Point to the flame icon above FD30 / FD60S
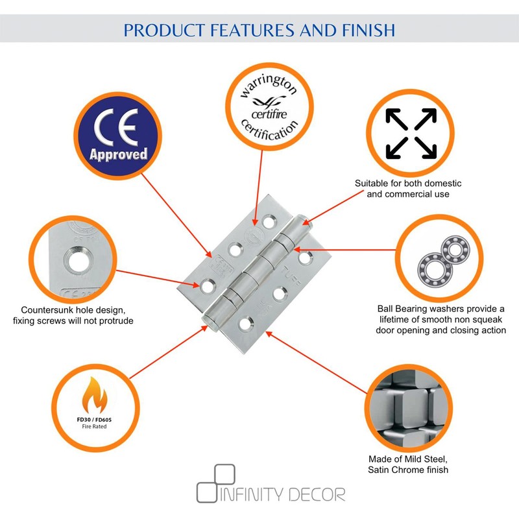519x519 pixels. coord(97,396)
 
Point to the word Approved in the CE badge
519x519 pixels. coord(118,154)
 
